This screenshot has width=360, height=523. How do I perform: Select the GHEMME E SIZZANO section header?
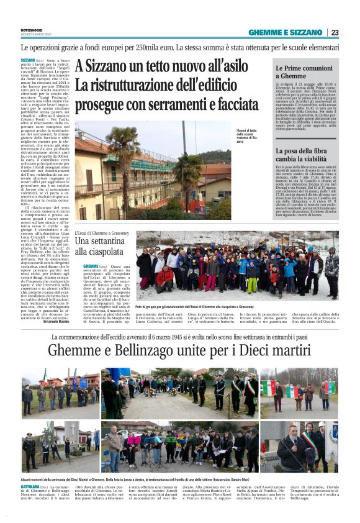(x=285, y=32)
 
